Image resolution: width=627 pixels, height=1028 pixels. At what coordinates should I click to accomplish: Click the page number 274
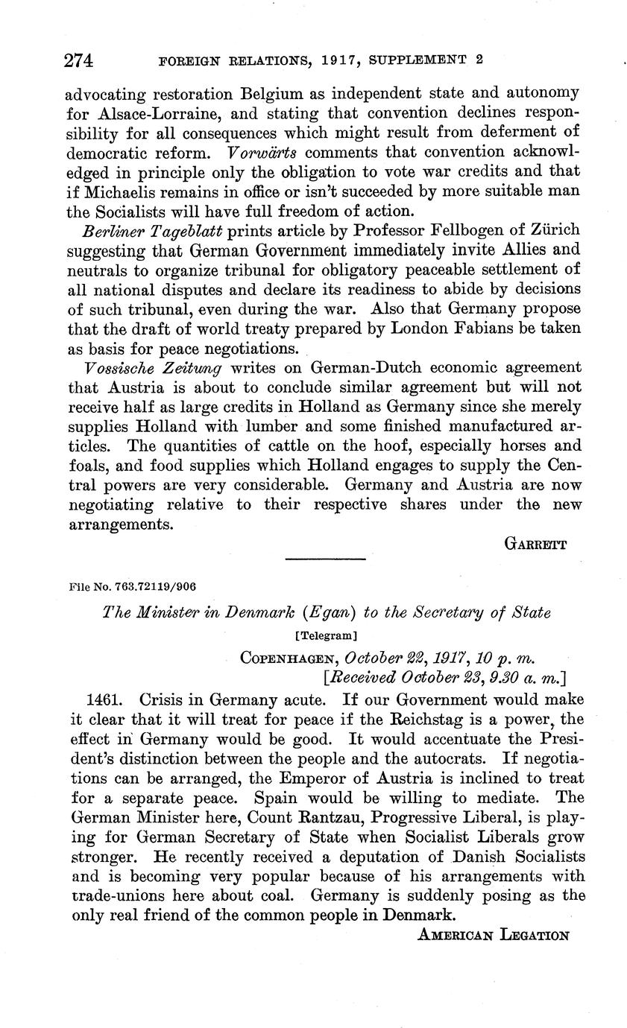pos(78,61)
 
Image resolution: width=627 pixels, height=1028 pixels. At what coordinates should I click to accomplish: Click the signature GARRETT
pos(536,545)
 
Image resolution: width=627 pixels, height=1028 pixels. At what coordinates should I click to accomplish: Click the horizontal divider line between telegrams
pos(326,559)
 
